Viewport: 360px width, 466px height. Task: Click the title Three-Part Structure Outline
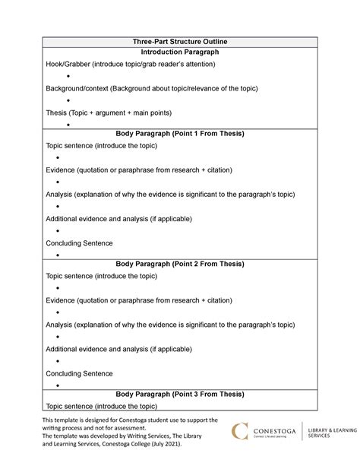tap(180, 40)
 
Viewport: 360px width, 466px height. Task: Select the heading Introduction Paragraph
tap(180, 52)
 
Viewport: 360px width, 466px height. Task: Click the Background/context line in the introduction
tap(152, 89)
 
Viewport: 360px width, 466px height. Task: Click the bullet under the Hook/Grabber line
tap(68, 77)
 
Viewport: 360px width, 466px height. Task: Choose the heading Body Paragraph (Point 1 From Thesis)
tap(180, 133)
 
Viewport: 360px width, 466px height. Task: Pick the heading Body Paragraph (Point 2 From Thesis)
tap(180, 264)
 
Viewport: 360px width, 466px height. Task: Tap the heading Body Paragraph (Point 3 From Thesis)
tap(180, 394)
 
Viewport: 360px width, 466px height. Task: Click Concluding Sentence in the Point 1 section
tap(79, 243)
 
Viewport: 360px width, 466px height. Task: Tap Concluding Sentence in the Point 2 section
tap(79, 373)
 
